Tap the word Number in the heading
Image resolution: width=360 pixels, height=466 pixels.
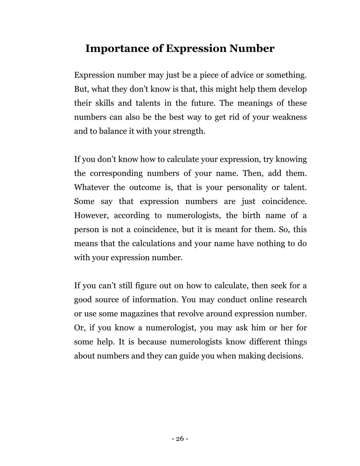coord(252,49)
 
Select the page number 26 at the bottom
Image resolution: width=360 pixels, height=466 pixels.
coord(180,439)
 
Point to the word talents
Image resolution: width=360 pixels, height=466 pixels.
coord(149,103)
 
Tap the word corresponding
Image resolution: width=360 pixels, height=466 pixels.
coord(116,173)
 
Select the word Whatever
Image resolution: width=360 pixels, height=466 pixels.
coord(91,187)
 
